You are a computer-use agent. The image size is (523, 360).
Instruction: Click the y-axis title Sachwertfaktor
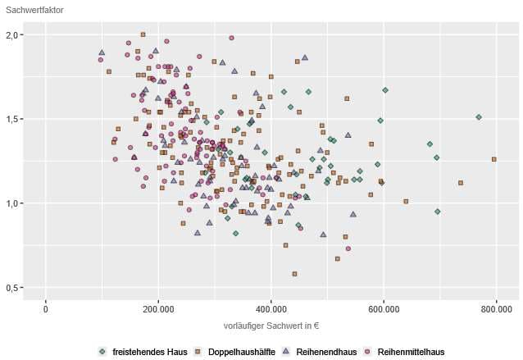point(34,10)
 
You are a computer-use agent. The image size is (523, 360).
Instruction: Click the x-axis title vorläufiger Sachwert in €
point(271,326)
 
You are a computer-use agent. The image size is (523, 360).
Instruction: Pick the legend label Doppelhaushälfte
point(240,351)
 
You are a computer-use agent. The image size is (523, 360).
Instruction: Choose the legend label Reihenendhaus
point(325,351)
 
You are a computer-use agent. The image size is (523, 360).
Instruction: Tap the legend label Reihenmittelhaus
point(411,351)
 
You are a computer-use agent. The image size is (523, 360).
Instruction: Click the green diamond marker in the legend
point(102,351)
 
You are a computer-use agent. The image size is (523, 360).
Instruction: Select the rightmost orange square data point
point(494,159)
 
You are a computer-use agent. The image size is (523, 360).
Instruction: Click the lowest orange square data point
point(294,274)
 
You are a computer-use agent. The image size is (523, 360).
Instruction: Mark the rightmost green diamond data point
point(479,117)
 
